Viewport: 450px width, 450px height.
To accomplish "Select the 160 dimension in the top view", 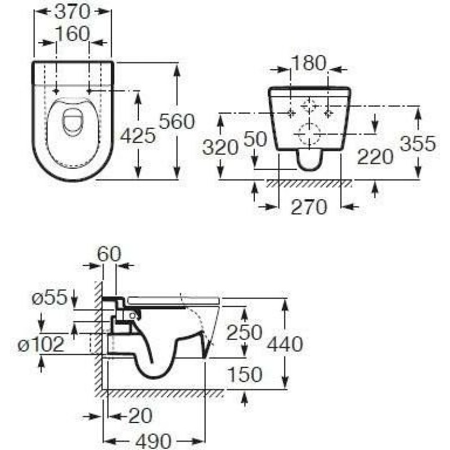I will (x=73, y=34).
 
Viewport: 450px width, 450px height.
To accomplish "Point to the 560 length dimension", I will (x=177, y=121).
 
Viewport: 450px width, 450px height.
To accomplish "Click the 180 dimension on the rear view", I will (x=309, y=64).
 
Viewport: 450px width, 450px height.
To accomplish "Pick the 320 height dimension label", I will (x=220, y=147).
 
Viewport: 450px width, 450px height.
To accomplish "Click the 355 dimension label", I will (x=418, y=144).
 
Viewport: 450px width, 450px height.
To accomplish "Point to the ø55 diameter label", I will (x=49, y=296).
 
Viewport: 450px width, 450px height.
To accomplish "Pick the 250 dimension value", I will (x=244, y=332).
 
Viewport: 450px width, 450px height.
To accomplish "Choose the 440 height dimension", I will (x=285, y=343).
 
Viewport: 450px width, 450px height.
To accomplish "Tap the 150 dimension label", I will (x=244, y=374).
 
